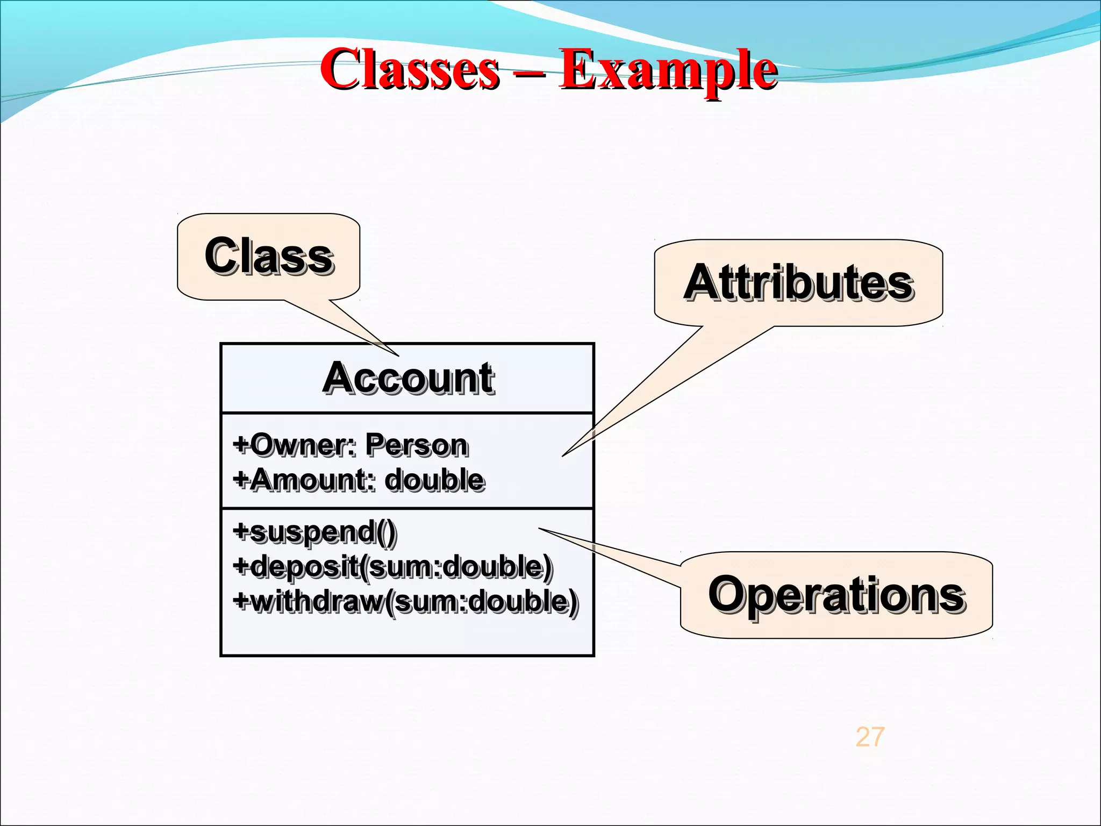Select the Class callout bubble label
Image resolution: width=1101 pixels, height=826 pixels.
click(268, 256)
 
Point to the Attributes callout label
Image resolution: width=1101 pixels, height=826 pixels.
click(798, 283)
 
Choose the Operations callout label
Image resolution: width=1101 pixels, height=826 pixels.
click(836, 595)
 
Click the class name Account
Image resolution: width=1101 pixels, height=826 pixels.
click(407, 378)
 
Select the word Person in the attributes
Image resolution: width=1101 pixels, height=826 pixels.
click(416, 445)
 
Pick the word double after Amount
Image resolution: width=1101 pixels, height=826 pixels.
click(435, 480)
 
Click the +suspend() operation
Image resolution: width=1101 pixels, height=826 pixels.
click(314, 532)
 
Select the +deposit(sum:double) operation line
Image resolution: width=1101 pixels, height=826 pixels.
click(392, 567)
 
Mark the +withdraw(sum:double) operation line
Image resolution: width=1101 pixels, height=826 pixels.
click(406, 601)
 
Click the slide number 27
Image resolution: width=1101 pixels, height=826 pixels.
click(869, 737)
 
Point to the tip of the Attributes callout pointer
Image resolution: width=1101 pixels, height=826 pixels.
click(563, 456)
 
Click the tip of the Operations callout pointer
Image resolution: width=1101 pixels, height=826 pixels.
click(539, 529)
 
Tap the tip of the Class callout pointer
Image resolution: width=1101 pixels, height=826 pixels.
click(398, 355)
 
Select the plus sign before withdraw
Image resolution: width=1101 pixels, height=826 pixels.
click(240, 600)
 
